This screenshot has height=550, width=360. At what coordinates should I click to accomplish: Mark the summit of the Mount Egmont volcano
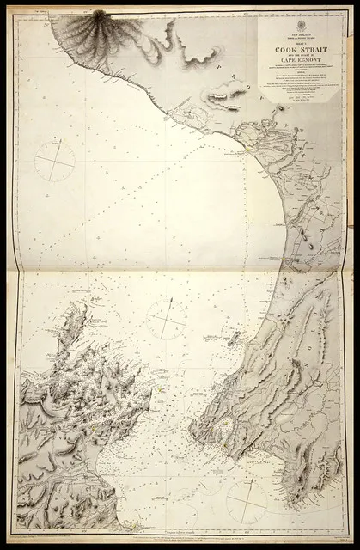(97, 15)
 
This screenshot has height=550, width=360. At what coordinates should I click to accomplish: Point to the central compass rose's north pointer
(170, 300)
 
